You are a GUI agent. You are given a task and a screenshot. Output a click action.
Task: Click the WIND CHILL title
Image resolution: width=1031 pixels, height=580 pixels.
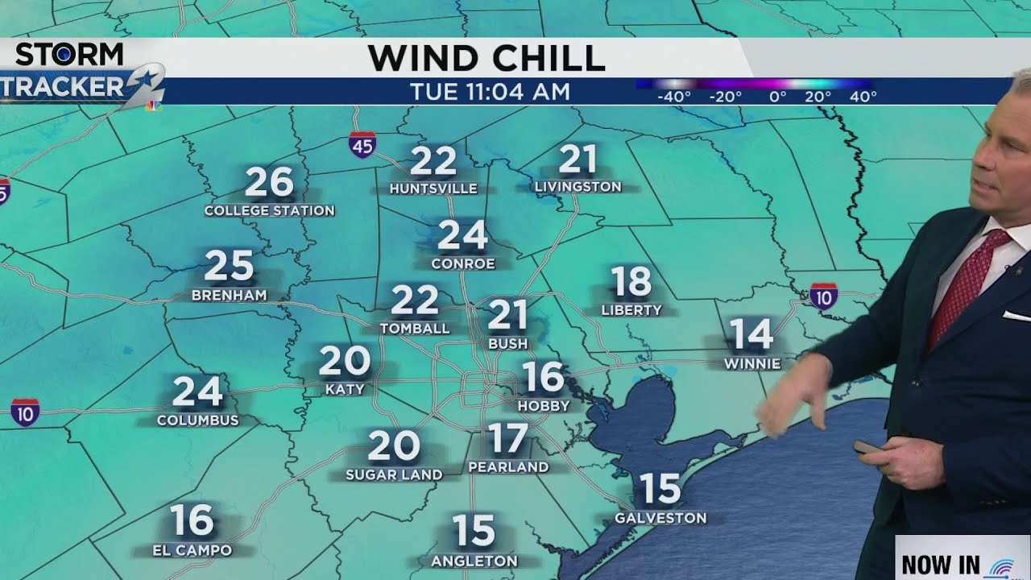486,58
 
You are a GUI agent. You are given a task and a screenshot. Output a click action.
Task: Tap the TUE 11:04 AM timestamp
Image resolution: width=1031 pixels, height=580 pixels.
490,92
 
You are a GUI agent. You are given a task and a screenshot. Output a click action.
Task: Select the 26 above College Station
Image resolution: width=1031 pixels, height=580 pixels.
269,183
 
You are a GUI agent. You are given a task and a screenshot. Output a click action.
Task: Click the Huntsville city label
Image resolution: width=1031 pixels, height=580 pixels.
433,189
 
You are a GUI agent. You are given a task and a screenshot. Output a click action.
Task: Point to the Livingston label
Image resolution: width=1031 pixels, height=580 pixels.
578,187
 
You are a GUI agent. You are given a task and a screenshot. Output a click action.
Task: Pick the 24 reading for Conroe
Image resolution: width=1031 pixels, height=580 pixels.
462,236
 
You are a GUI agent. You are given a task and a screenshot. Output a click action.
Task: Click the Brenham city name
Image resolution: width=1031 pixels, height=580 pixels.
229,296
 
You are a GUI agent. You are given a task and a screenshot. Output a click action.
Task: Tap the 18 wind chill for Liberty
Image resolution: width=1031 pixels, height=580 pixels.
631,282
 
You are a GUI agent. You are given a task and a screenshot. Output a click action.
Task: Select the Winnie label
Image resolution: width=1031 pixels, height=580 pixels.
752,363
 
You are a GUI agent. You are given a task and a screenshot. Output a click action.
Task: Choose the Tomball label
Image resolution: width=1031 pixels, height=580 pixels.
415,329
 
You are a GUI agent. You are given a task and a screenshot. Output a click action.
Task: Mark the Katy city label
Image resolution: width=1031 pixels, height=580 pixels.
345,390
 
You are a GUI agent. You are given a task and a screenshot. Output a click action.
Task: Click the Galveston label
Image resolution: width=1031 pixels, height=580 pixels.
660,518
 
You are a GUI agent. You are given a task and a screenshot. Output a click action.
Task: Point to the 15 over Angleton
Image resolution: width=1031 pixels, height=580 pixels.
474,532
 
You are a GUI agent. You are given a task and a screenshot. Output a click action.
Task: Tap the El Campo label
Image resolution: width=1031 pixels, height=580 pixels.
193,551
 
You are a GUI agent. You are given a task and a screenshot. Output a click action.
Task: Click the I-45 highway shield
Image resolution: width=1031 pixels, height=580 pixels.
362,145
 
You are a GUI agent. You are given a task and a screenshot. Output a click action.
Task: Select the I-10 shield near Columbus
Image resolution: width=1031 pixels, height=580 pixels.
25,412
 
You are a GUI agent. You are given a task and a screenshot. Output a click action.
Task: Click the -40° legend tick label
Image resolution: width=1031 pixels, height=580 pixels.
674,97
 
